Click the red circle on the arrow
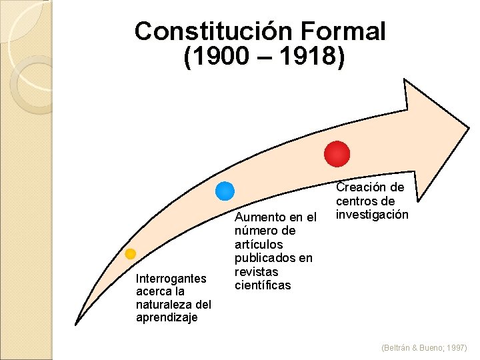[337, 153]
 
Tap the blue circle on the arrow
[225, 191]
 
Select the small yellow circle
[131, 254]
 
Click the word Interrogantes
[171, 279]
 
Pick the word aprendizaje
[167, 317]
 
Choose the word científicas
[263, 285]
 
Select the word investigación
[372, 215]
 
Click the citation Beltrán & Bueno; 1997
[424, 348]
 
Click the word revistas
[255, 272]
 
